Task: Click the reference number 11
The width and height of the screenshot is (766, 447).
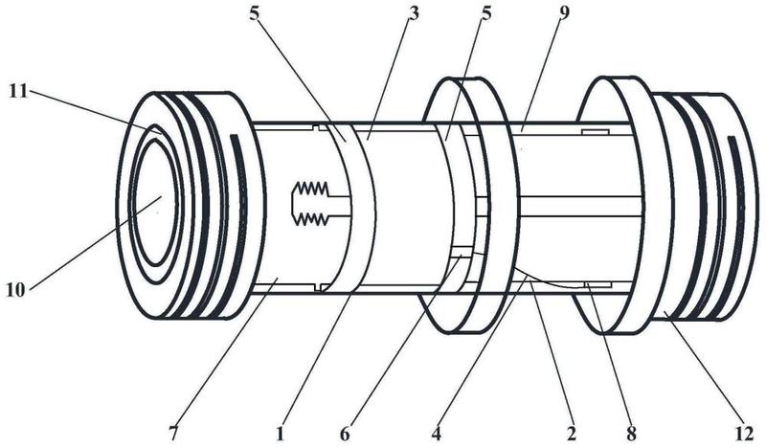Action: tap(17, 91)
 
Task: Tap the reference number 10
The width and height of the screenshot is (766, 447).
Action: tap(15, 291)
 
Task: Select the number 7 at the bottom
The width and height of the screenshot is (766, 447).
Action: tap(174, 434)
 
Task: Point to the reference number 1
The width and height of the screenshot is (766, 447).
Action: tap(280, 434)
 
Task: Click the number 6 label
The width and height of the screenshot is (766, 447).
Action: tap(345, 434)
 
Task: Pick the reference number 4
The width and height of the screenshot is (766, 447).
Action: tap(436, 434)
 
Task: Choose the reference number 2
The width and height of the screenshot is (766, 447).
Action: tap(571, 434)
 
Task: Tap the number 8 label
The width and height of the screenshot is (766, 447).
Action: tap(631, 434)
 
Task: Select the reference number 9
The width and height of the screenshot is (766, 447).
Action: tap(564, 12)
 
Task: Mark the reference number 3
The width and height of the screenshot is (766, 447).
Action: tap(414, 12)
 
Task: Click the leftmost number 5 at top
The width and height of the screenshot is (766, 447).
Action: tap(254, 12)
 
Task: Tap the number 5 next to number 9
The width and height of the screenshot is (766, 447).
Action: tap(485, 12)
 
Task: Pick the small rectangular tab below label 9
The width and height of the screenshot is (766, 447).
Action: tap(595, 131)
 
